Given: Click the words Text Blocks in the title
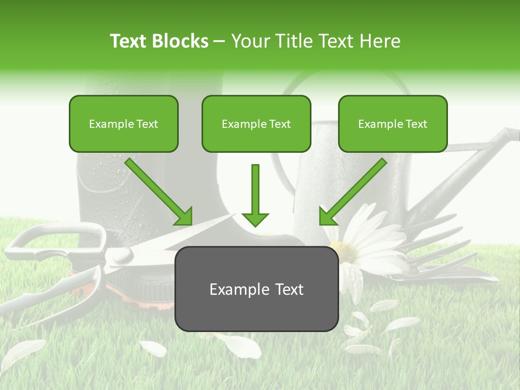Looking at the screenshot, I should click(159, 41).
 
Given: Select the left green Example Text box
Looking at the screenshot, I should click(123, 124).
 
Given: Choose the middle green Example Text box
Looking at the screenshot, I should click(256, 124).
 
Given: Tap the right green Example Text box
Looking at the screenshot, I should click(393, 124).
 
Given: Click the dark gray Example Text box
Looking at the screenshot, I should click(256, 289).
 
